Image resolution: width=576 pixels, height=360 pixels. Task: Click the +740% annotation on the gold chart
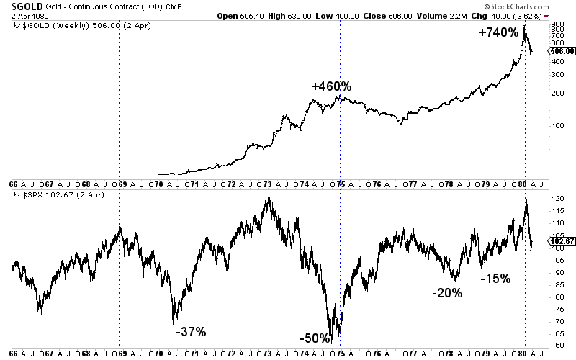pyautogui.click(x=498, y=32)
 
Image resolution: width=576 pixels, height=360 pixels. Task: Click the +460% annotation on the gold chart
pyautogui.click(x=331, y=86)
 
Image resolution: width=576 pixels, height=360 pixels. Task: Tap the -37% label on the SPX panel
pyautogui.click(x=191, y=332)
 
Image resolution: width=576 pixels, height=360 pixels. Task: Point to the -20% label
pyautogui.click(x=447, y=293)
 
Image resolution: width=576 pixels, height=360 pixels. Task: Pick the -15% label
pyautogui.click(x=495, y=277)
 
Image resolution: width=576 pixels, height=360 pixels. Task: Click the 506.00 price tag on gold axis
pyautogui.click(x=560, y=51)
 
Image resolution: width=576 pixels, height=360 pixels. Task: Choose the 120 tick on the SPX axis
pyautogui.click(x=555, y=197)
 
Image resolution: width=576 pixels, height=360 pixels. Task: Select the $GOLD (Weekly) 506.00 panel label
pyautogui.click(x=65, y=26)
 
